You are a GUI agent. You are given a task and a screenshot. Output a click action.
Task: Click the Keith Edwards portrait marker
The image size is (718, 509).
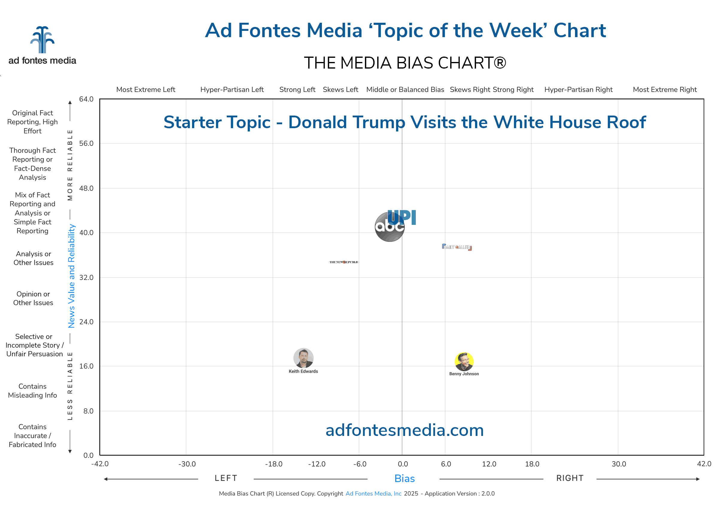(303, 358)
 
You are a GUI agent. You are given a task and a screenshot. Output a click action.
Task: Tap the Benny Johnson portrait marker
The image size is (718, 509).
(464, 361)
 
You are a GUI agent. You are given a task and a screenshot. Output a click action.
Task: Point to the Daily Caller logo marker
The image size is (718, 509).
(457, 247)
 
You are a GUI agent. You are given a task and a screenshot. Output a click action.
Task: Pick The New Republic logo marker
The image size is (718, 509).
(344, 262)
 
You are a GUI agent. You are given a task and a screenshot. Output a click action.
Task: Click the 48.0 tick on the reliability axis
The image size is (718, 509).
(86, 188)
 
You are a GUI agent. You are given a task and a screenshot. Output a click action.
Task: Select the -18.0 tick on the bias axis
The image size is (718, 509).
(273, 464)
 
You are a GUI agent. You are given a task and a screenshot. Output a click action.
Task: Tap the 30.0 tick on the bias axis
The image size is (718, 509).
(618, 464)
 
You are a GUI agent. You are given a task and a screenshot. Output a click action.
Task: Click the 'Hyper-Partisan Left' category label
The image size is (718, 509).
(232, 90)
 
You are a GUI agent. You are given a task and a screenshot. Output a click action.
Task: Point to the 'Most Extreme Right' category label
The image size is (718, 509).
(664, 90)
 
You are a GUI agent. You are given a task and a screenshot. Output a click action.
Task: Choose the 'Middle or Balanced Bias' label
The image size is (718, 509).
(405, 90)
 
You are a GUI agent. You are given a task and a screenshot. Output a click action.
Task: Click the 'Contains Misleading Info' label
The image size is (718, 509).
(33, 391)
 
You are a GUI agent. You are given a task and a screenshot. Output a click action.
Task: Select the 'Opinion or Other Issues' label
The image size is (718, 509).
(33, 299)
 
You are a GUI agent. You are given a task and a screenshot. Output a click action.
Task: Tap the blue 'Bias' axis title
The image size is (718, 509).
(404, 478)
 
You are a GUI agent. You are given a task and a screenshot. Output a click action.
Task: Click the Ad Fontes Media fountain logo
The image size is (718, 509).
(42, 40)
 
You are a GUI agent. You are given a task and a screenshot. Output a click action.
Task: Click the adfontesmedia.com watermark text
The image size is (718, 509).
(404, 430)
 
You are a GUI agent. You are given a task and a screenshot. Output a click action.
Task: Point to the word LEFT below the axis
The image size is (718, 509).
(226, 478)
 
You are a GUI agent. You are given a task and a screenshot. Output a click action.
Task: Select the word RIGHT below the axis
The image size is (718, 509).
(570, 478)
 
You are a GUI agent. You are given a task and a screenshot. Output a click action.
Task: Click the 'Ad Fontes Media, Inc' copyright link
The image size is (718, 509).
(373, 494)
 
